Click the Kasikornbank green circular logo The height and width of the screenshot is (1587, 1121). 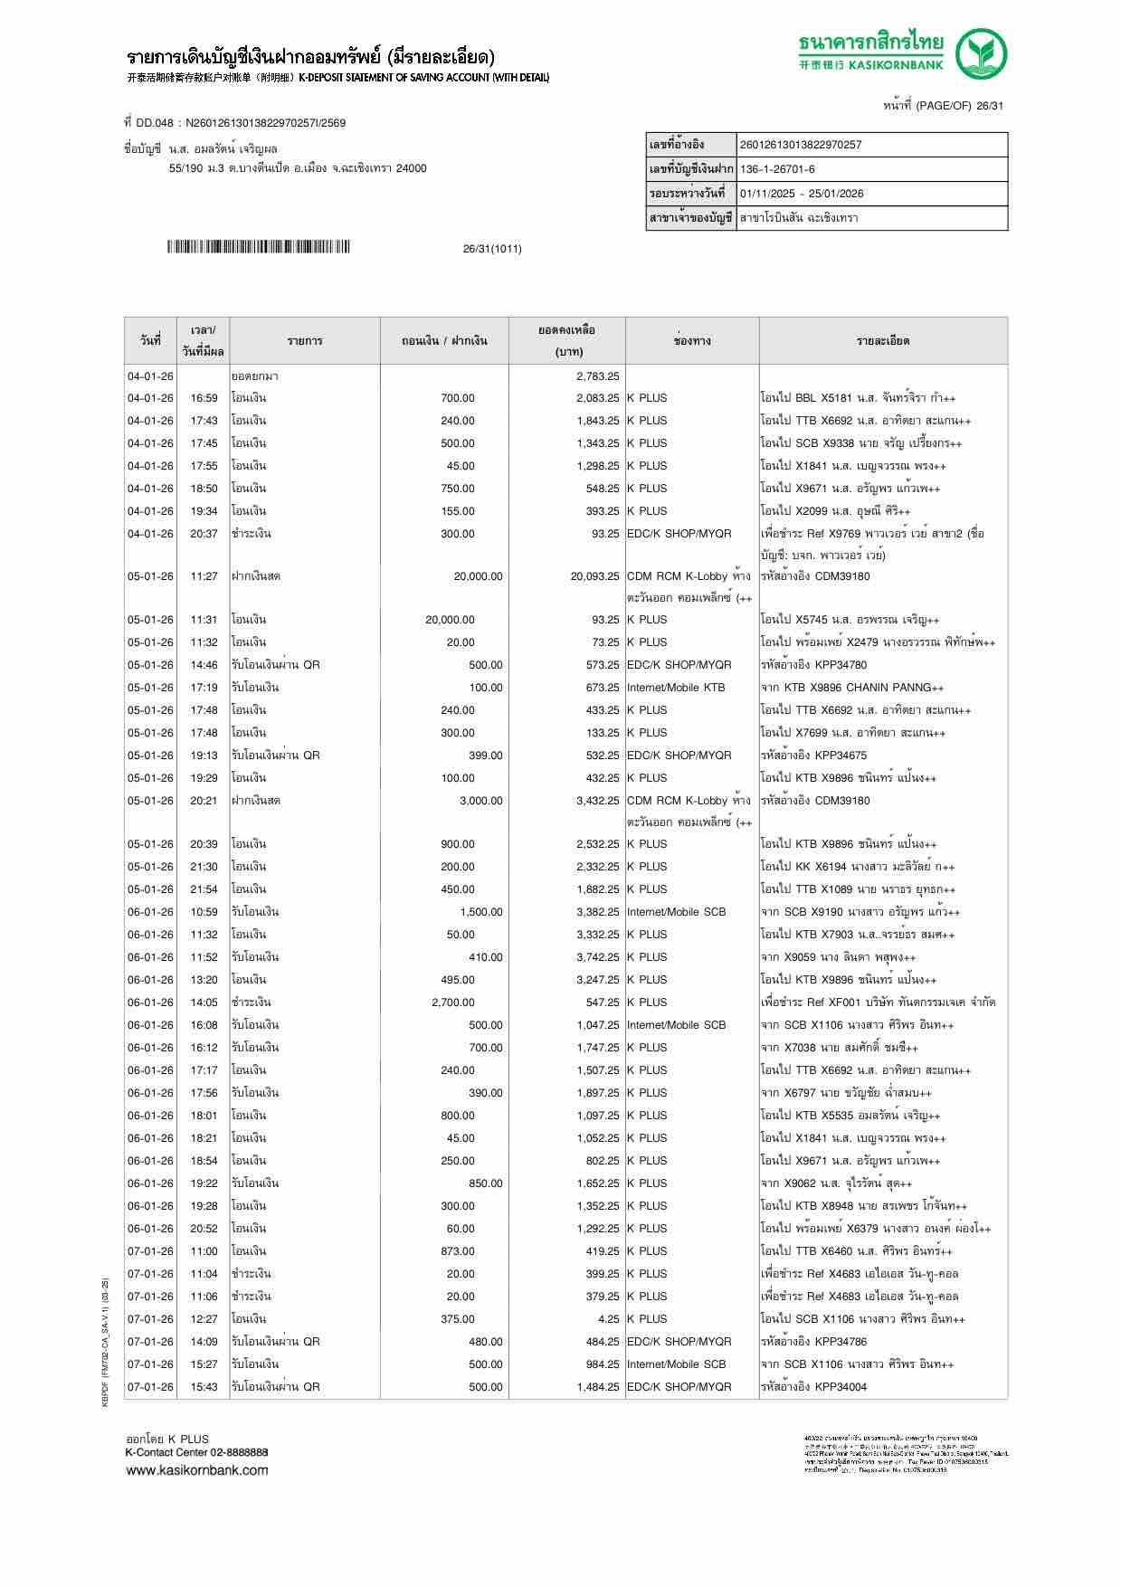pyautogui.click(x=983, y=53)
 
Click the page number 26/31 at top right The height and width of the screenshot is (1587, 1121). pyautogui.click(x=989, y=106)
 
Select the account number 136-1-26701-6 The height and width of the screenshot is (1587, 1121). pyautogui.click(x=777, y=169)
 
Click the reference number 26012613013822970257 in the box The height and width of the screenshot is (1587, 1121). pyautogui.click(x=801, y=145)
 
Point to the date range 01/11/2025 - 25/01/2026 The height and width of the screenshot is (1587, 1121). pyautogui.click(x=802, y=194)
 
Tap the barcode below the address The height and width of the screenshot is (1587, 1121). pyautogui.click(x=258, y=247)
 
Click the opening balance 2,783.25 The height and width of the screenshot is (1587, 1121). pyautogui.click(x=597, y=375)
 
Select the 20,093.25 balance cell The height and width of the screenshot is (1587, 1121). pyautogui.click(x=594, y=576)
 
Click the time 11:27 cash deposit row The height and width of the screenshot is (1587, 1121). pyautogui.click(x=204, y=576)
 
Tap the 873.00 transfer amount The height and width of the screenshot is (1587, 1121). pyautogui.click(x=457, y=1251)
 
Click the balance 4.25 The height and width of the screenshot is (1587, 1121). pyautogui.click(x=608, y=1319)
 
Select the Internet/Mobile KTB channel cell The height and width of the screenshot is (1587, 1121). pyautogui.click(x=676, y=688)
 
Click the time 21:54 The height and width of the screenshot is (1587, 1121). pyautogui.click(x=204, y=889)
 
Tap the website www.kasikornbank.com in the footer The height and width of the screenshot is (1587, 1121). pyautogui.click(x=196, y=1470)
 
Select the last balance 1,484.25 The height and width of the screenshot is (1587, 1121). pyautogui.click(x=597, y=1387)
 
